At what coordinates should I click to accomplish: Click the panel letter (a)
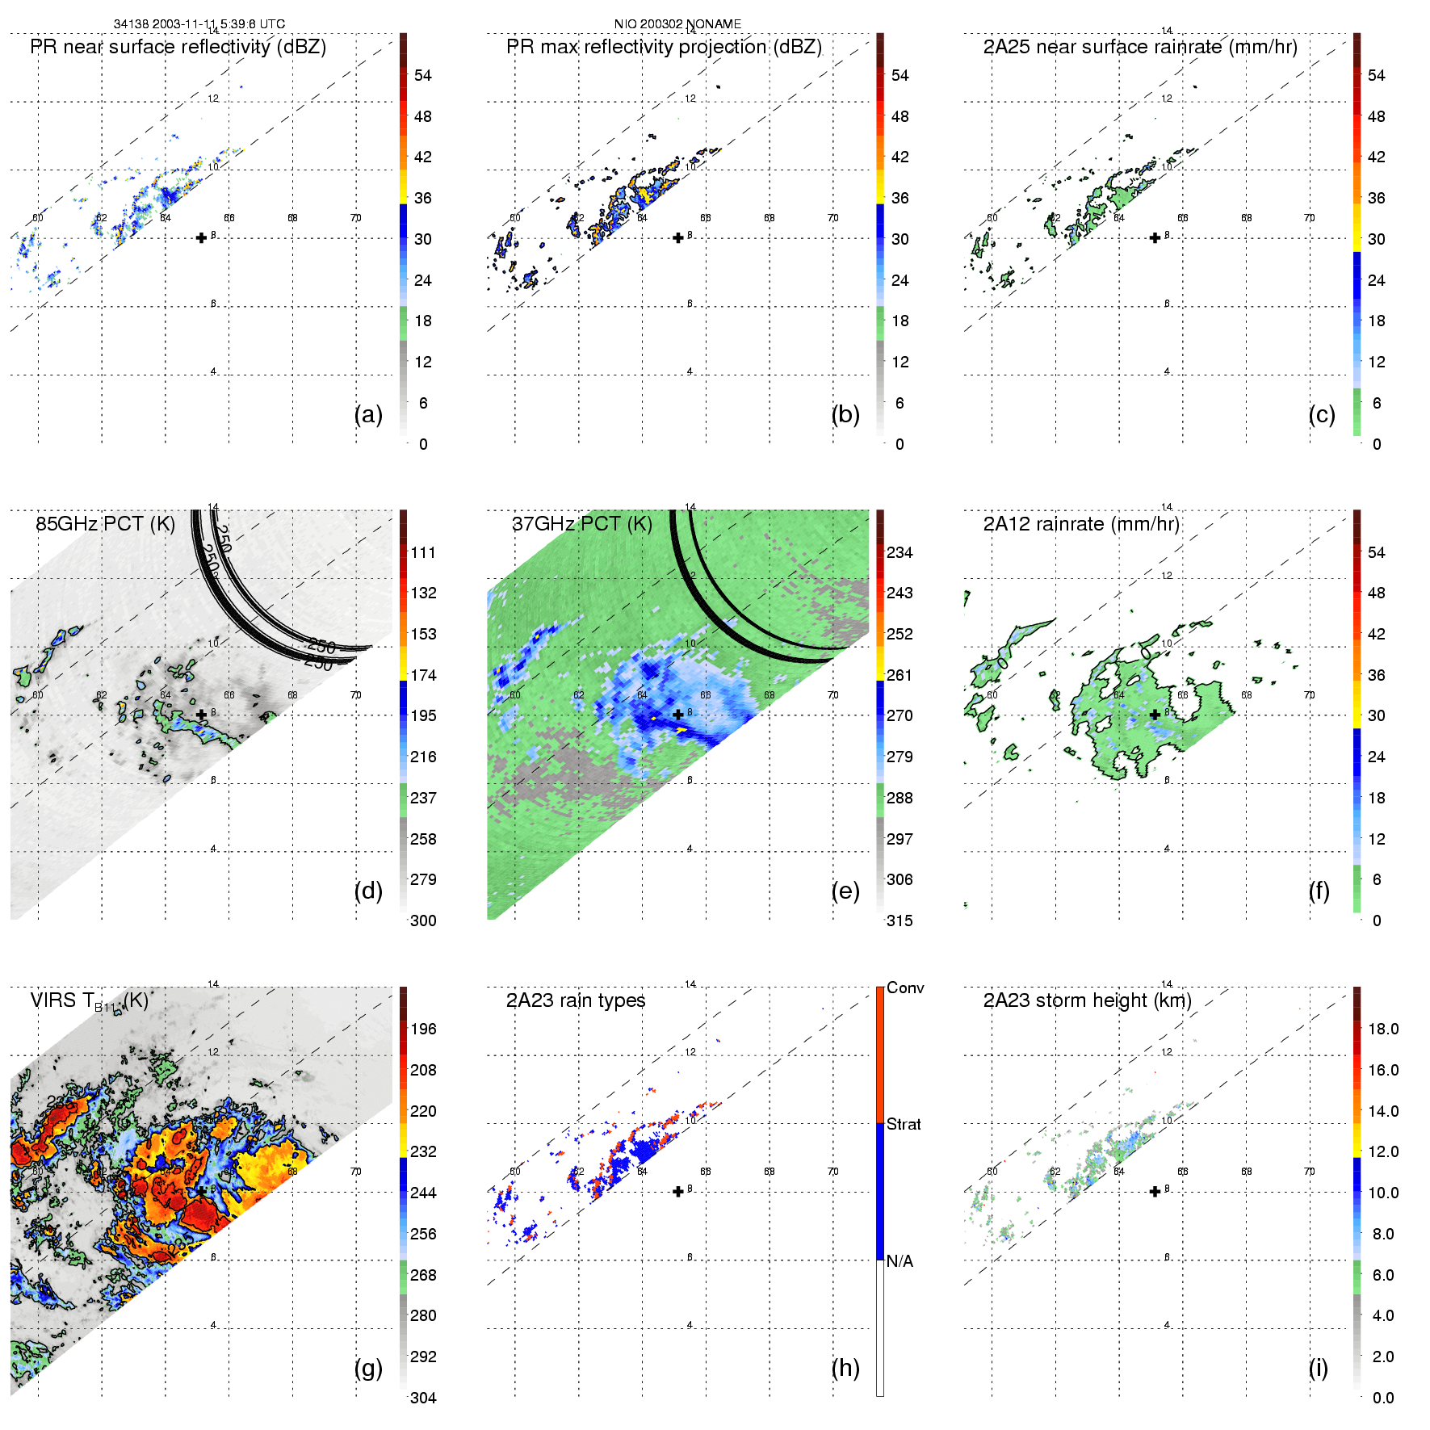(x=368, y=414)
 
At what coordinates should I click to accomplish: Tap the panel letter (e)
(x=845, y=891)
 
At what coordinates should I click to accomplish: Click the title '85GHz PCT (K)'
(x=105, y=523)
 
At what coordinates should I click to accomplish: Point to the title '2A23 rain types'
(x=576, y=1000)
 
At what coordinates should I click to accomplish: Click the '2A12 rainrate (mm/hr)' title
(x=1081, y=523)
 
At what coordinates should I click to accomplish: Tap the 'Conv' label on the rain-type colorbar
(x=905, y=988)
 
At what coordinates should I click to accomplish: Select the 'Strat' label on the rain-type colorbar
(x=904, y=1124)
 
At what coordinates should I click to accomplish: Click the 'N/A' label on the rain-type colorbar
(x=900, y=1261)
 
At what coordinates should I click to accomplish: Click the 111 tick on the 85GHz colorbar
(x=423, y=552)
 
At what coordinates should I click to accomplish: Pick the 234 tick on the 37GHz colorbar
(x=900, y=552)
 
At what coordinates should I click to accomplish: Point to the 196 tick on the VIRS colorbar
(x=423, y=1029)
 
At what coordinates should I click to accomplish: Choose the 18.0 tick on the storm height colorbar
(x=1383, y=1029)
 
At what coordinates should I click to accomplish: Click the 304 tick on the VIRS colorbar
(x=423, y=1398)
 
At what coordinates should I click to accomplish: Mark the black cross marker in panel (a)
(x=201, y=237)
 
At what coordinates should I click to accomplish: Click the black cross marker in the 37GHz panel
(x=678, y=715)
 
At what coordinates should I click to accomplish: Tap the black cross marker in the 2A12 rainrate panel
(x=1155, y=715)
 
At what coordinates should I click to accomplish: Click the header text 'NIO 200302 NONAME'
(x=677, y=23)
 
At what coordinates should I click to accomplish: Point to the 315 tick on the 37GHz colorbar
(x=900, y=920)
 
